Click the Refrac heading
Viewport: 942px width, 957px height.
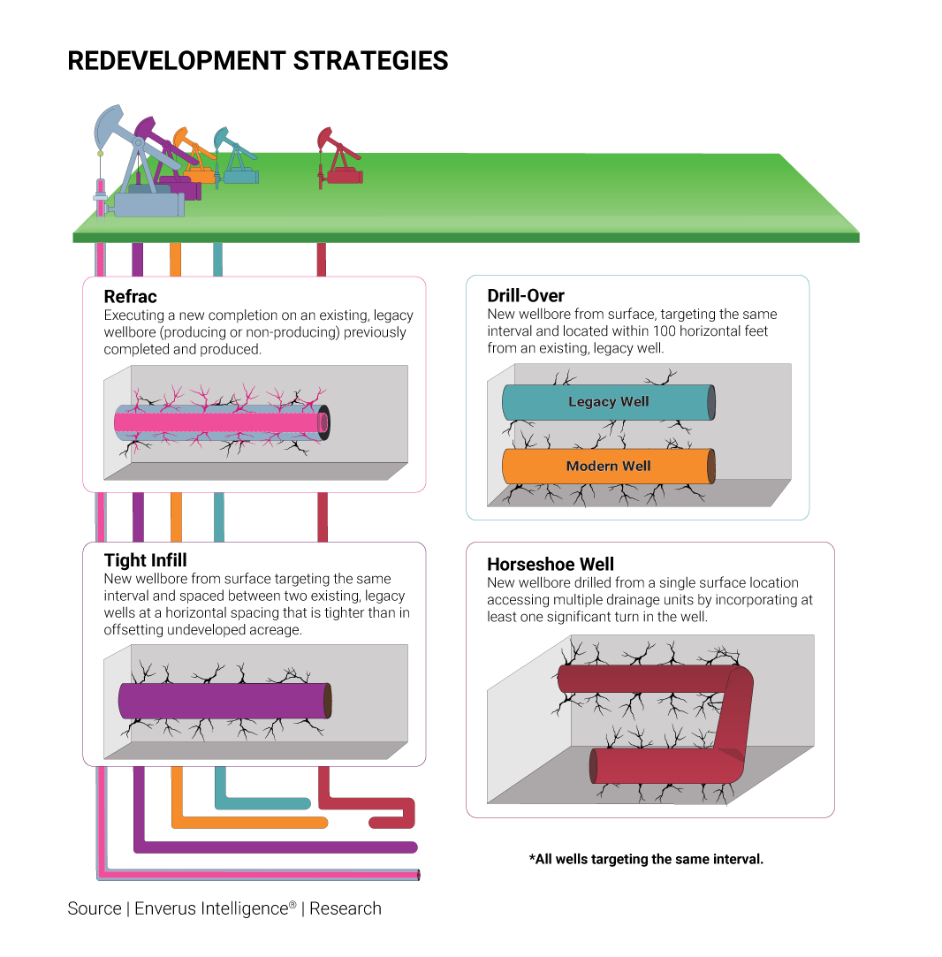[x=131, y=297]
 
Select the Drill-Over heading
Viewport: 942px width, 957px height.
[x=526, y=295]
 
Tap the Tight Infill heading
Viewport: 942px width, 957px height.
[x=146, y=560]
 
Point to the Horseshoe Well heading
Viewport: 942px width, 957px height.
[x=551, y=564]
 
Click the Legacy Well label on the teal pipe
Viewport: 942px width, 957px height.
[x=608, y=402]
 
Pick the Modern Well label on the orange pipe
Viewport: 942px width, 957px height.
[x=608, y=467]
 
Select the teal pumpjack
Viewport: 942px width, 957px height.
[x=235, y=159]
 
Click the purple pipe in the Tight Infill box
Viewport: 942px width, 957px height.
[x=221, y=700]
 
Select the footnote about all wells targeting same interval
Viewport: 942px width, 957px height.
[x=646, y=859]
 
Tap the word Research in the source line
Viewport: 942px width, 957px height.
[x=346, y=908]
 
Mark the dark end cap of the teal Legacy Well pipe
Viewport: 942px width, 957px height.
[x=710, y=403]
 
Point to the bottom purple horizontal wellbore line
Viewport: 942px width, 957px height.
[x=274, y=847]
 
